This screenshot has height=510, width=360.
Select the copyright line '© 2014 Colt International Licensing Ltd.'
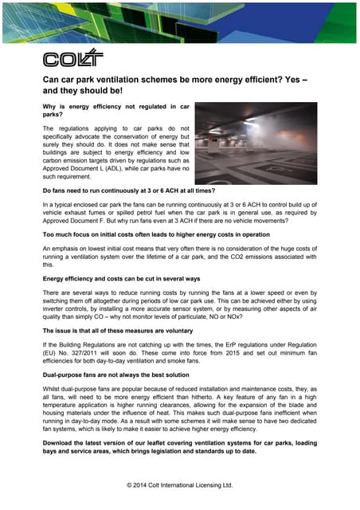coord(180,484)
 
